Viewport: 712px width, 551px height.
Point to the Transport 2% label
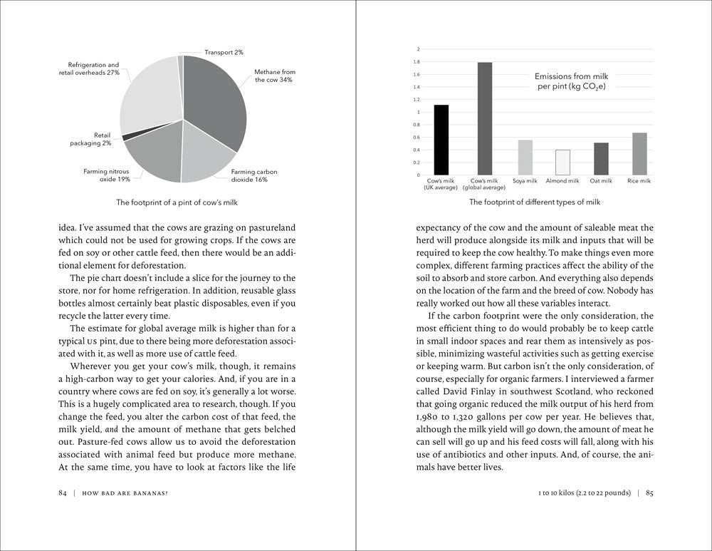[224, 52]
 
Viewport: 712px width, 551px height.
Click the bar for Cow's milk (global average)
[484, 118]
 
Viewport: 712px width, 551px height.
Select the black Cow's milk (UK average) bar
[441, 140]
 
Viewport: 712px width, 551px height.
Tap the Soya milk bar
[525, 157]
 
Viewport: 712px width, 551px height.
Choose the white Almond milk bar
[562, 162]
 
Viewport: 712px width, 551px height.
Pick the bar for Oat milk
[601, 158]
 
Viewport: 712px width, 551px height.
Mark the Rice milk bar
[639, 153]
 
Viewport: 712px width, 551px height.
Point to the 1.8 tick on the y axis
[418, 62]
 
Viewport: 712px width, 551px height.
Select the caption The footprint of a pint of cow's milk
[184, 202]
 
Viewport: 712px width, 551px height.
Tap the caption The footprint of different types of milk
[535, 202]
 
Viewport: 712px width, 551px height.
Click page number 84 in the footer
[63, 493]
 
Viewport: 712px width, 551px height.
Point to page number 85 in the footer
[649, 493]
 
